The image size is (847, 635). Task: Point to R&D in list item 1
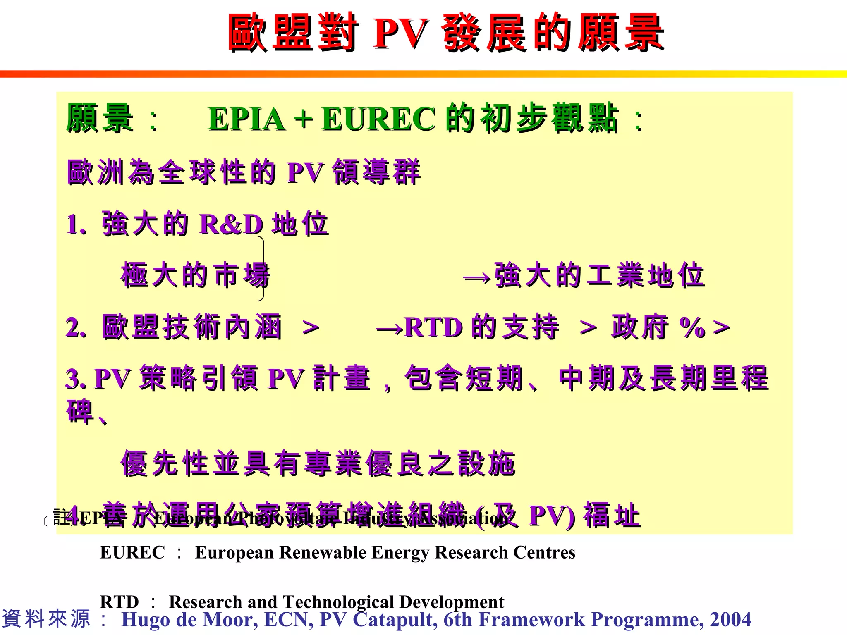pos(231,224)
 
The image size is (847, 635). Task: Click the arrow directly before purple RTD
pos(389,329)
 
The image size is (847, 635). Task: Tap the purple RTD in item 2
pos(433,328)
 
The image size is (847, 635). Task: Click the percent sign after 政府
pos(691,327)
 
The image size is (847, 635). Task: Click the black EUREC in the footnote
pos(132,553)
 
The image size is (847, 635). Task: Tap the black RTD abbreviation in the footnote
pos(119,602)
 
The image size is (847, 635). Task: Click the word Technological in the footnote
pos(338,602)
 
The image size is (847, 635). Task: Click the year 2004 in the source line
pos(730,620)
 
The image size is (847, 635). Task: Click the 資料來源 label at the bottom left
pos(46,619)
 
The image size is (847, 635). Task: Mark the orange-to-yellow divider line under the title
pos(423,74)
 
